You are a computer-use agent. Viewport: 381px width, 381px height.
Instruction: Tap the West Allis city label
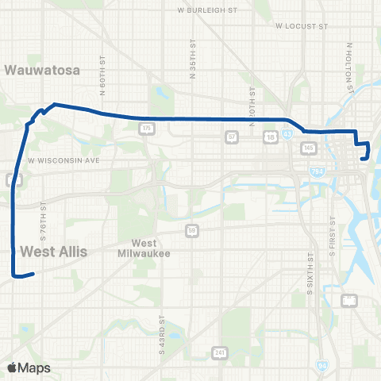coord(52,252)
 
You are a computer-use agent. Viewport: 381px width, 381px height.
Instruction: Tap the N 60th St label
coord(103,73)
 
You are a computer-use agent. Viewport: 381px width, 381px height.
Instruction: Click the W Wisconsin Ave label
coord(63,160)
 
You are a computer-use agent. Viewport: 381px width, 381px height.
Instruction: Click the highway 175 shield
coord(145,127)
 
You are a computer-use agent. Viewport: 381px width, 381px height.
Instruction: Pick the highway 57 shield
coord(232,137)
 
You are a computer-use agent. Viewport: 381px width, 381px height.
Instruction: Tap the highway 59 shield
coord(193,230)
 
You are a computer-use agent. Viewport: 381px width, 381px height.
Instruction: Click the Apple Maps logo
coord(28,368)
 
